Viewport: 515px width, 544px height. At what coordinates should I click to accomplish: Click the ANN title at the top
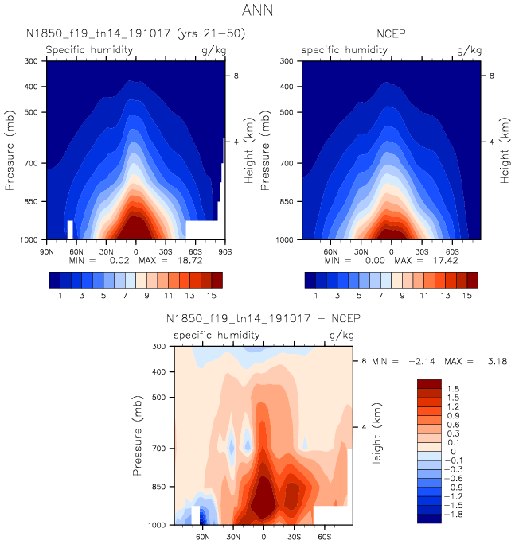[258, 12]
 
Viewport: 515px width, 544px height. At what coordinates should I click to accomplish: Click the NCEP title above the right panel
[391, 33]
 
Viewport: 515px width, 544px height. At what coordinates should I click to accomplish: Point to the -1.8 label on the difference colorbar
[457, 515]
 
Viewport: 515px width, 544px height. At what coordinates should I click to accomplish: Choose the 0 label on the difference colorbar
[452, 451]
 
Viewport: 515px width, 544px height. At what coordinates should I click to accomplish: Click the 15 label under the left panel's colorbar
[210, 295]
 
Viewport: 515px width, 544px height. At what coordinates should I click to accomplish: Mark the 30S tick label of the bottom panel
[295, 536]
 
